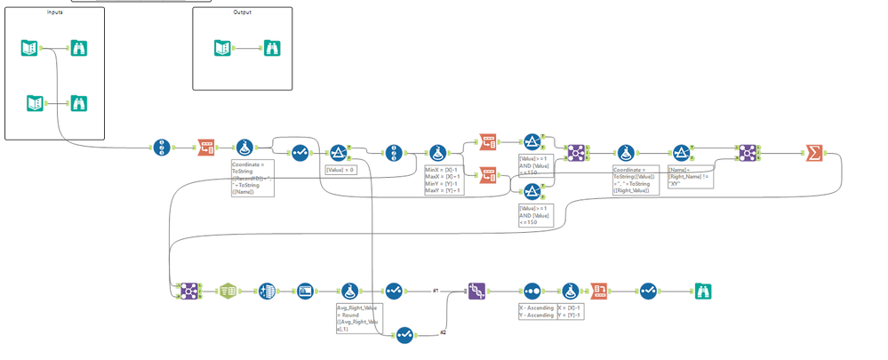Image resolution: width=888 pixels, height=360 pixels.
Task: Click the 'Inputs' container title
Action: coord(55,12)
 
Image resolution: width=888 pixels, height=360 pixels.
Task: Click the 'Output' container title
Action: coord(242,12)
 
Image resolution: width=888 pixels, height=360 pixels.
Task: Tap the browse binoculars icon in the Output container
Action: coord(269,49)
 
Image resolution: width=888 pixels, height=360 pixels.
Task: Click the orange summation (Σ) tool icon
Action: coord(813,153)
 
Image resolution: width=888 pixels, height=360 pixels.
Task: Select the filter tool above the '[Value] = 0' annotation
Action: coord(339,153)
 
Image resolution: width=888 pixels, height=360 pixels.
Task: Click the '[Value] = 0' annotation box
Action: coord(340,170)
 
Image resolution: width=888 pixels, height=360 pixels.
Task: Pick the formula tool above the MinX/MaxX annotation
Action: coord(437,153)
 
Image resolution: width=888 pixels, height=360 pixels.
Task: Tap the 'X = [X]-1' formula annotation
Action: coord(570,311)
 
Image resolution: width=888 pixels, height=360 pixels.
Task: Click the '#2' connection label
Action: coord(444,332)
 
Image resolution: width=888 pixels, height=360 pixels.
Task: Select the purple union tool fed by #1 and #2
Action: coord(477,291)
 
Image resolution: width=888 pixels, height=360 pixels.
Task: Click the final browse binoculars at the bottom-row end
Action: coord(703,291)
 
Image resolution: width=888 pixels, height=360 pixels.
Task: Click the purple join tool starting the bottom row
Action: coord(188,291)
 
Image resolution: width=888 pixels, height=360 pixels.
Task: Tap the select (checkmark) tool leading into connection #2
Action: coord(404,334)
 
